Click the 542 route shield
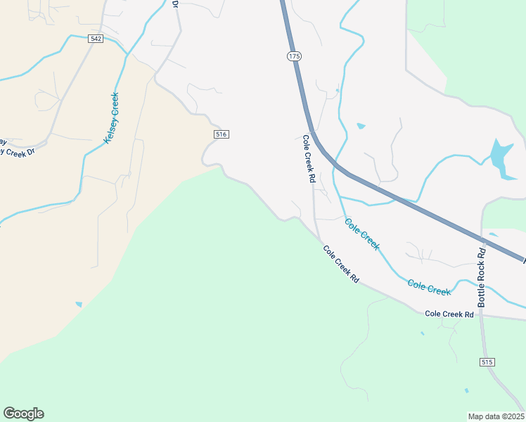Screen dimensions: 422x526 tap(96, 39)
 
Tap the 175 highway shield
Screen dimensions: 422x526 tap(293, 56)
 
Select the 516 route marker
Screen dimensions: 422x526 tap(221, 134)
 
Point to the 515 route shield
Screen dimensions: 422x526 tap(488, 362)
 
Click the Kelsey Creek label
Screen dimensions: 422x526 tap(111, 118)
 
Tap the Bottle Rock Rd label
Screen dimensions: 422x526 tap(482, 276)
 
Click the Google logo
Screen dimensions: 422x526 tap(23, 414)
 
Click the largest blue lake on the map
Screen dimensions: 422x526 tap(501, 158)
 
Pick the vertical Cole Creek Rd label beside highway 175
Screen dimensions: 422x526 tap(308, 159)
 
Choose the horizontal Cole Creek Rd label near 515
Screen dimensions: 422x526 tap(449, 314)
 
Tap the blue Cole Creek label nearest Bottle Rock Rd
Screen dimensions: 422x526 tap(428, 287)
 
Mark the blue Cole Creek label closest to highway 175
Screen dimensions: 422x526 tap(361, 234)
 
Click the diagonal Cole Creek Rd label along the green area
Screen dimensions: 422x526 tap(341, 264)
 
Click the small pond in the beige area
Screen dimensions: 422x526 tap(79, 305)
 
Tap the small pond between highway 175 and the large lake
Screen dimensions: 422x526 tap(361, 126)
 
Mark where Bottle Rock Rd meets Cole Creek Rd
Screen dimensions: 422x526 tap(481, 315)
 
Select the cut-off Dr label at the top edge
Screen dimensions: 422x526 tap(175, 4)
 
